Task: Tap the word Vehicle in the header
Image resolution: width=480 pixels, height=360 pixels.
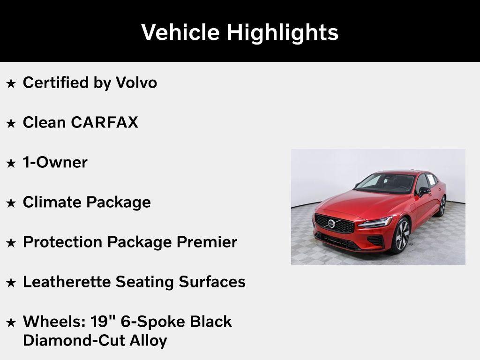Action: click(180, 32)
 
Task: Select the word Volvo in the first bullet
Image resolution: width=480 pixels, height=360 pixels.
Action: click(136, 82)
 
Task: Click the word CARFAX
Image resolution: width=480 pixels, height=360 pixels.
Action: click(105, 122)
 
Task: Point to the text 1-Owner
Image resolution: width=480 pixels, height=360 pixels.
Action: click(55, 162)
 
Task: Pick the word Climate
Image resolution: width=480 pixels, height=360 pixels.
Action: click(51, 202)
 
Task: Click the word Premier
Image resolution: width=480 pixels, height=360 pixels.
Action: click(207, 242)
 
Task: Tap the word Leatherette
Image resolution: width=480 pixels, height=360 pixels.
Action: click(67, 282)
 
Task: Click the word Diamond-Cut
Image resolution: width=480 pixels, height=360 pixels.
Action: click(74, 340)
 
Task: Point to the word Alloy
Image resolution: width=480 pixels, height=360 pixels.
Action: click(149, 341)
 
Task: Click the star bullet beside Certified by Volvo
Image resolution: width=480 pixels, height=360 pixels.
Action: click(11, 83)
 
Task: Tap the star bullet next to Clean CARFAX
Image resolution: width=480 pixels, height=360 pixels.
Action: click(11, 123)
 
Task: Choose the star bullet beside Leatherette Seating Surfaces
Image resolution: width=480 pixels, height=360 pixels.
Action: click(11, 282)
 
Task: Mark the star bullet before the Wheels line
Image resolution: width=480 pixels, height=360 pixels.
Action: click(11, 322)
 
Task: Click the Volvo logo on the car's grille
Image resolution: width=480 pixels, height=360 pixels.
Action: click(331, 224)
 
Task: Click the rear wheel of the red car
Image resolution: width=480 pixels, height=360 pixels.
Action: click(442, 206)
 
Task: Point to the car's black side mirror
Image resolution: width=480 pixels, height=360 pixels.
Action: click(424, 191)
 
